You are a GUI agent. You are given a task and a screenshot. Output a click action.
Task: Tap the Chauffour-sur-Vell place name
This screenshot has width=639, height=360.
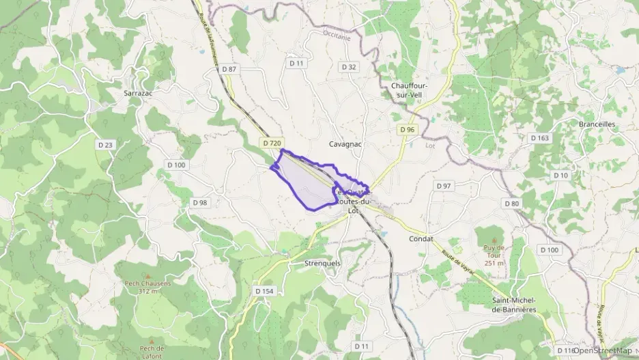click(409, 90)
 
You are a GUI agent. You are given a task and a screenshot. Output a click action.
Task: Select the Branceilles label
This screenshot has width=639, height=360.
click(597, 124)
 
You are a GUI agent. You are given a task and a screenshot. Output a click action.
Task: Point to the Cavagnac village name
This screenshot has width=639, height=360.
click(345, 144)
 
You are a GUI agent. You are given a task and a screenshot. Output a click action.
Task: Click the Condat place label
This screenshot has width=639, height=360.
click(421, 238)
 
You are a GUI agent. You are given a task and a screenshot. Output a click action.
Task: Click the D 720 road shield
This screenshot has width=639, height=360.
click(271, 143)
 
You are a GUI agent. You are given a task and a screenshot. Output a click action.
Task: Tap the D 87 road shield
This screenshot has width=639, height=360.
click(229, 69)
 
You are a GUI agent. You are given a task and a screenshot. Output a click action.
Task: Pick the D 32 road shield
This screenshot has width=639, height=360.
click(348, 67)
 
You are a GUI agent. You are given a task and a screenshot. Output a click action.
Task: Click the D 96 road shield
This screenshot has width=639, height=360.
click(408, 129)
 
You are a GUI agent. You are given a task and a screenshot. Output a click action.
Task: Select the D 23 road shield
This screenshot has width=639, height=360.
click(105, 145)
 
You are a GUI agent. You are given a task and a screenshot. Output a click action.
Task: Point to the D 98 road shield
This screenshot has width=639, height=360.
click(200, 203)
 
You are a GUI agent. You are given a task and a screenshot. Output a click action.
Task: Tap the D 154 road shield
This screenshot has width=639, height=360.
click(264, 291)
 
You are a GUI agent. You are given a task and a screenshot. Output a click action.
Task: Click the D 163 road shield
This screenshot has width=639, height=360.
click(539, 138)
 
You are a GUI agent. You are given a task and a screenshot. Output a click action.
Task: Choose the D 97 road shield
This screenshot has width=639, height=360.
click(444, 186)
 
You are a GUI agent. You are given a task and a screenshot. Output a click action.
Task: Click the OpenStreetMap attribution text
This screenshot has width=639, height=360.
click(602, 350)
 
